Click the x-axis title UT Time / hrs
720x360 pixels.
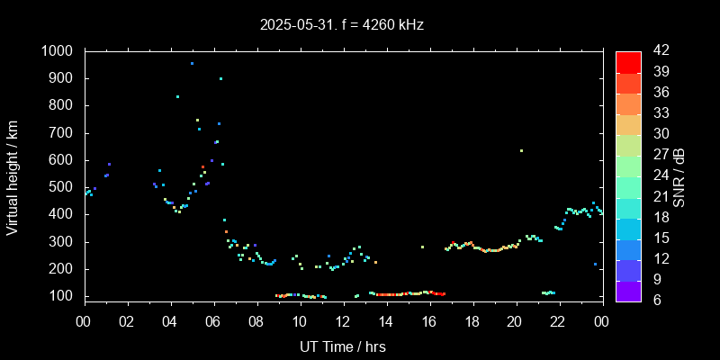coord(343,346)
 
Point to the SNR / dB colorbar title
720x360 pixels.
coord(679,175)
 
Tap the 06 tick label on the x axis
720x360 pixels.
coord(213,320)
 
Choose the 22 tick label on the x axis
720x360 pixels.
coord(558,320)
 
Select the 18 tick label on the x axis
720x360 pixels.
coord(472,320)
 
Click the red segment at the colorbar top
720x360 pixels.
coord(628,61)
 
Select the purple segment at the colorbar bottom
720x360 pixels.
coord(628,290)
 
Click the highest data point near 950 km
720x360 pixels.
coord(192,64)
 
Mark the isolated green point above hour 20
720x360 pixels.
coord(521,150)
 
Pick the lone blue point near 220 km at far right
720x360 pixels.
coord(595,264)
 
